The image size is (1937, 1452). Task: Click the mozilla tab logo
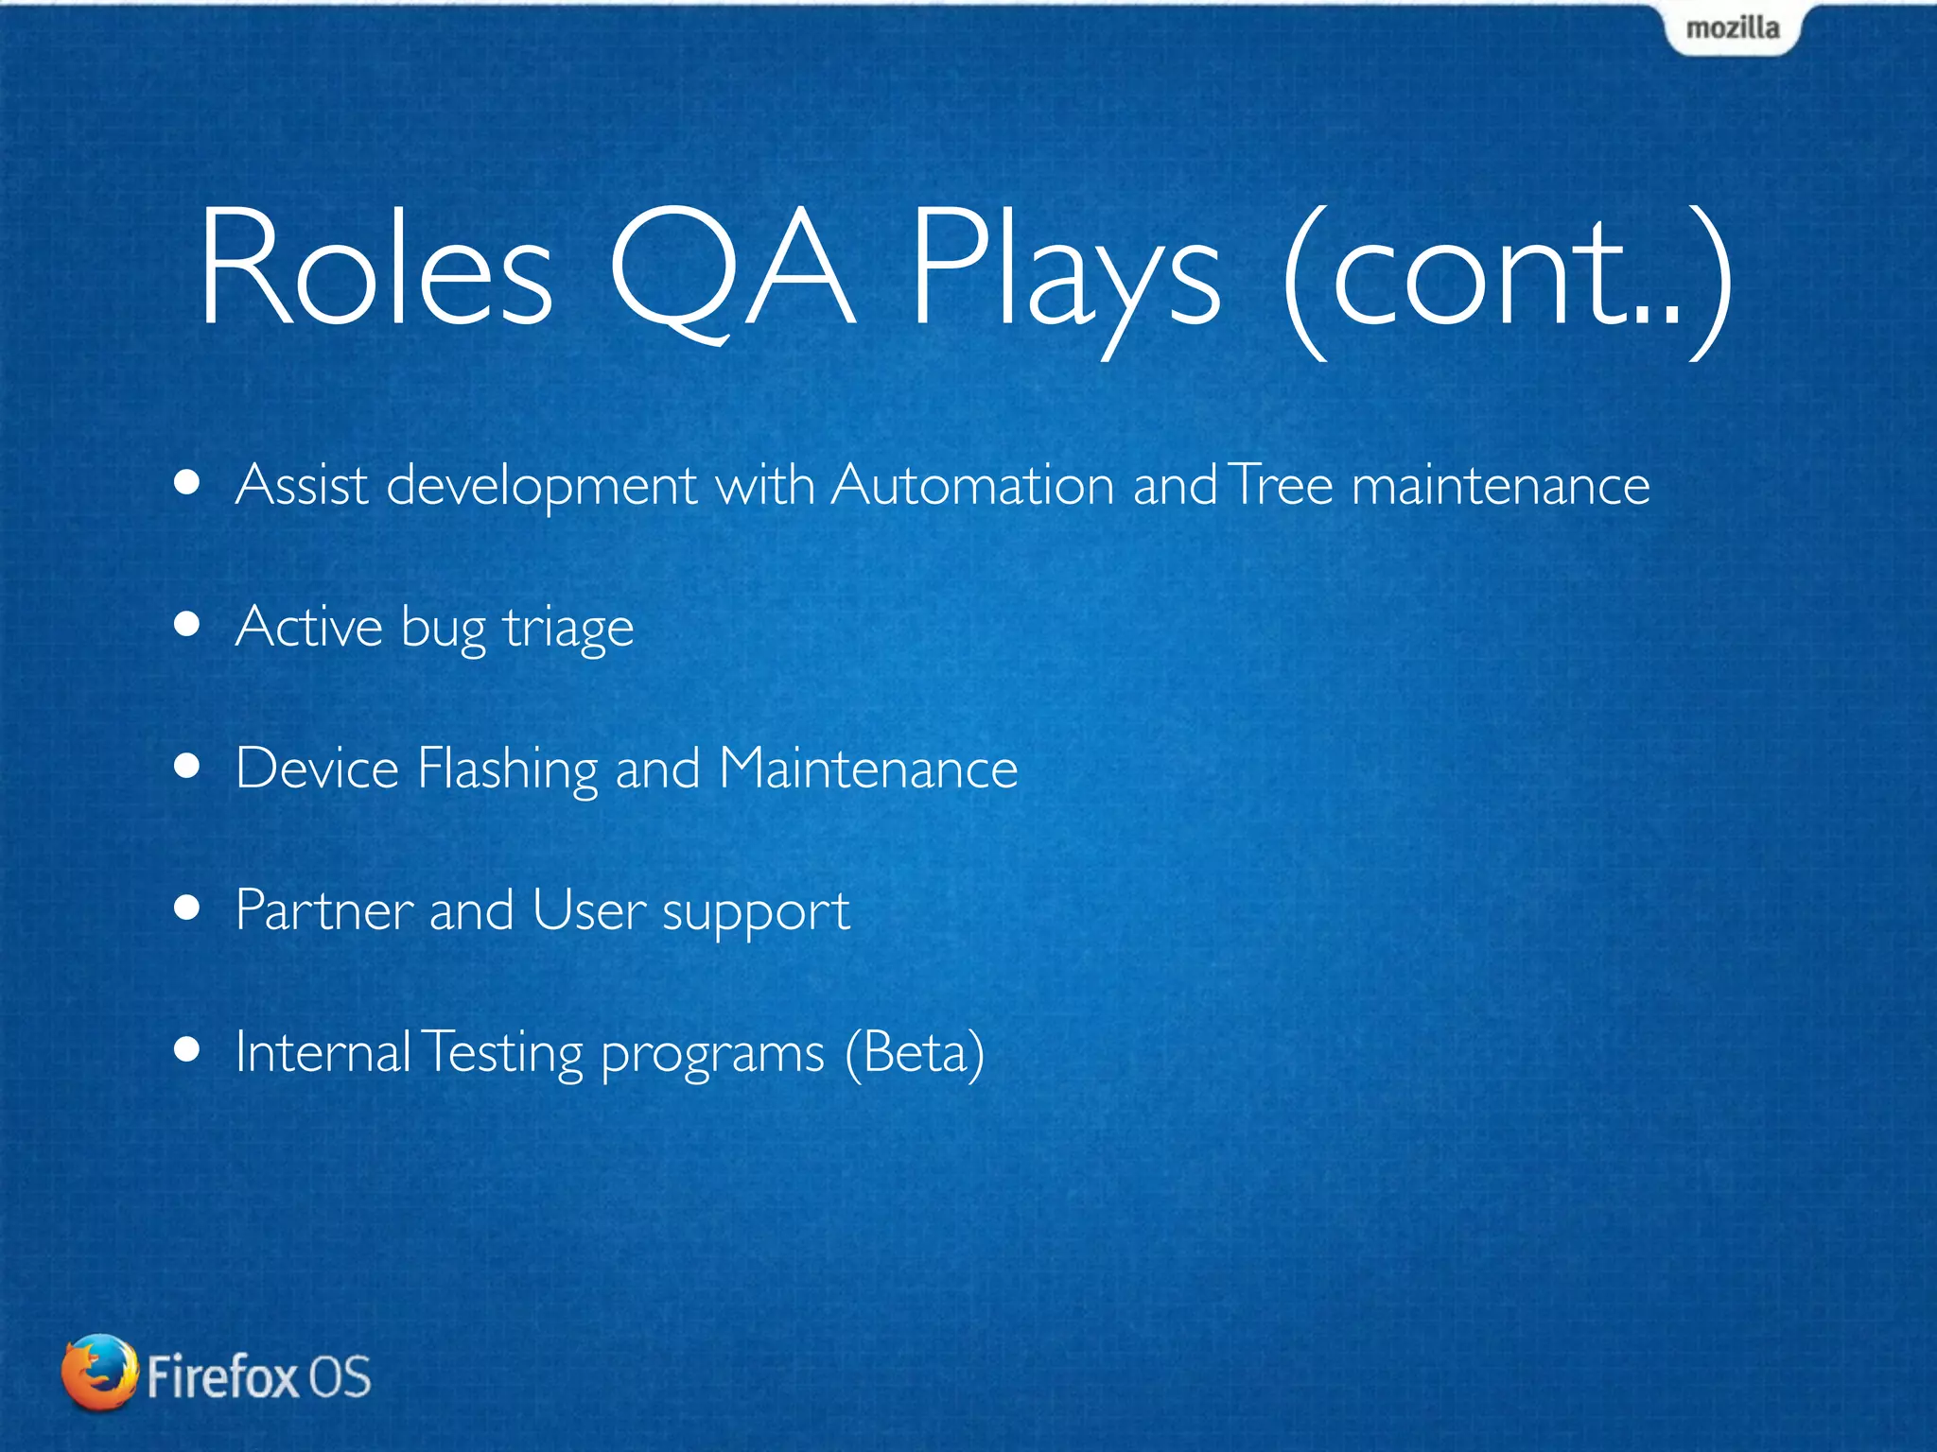point(1732,28)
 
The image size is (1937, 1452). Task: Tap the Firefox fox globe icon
point(98,1373)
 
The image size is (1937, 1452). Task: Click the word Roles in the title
point(375,269)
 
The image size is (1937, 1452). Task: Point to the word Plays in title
point(1066,274)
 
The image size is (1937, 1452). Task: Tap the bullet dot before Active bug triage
point(187,625)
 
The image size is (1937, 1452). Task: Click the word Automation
point(973,485)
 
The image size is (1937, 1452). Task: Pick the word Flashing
point(507,768)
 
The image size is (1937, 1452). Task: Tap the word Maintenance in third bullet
point(867,768)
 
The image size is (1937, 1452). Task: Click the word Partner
point(323,909)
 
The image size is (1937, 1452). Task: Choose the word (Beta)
point(914,1052)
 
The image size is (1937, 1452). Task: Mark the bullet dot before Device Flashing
point(187,766)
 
